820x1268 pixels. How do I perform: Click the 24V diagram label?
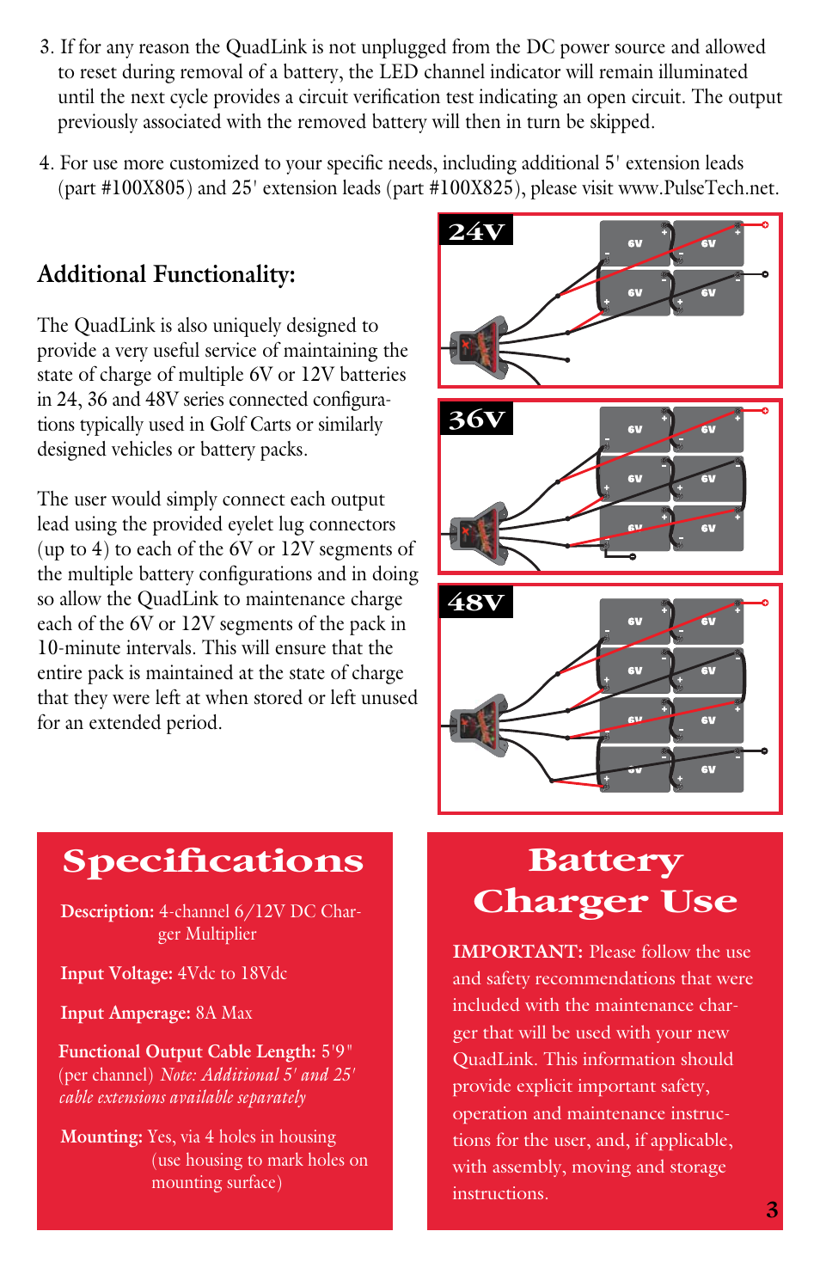[476, 231]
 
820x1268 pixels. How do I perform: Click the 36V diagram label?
[476, 419]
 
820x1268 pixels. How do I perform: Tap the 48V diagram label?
[476, 602]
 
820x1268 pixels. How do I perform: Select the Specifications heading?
[213, 861]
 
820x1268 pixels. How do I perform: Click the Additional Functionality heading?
[166, 274]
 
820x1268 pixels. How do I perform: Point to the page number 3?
[771, 1210]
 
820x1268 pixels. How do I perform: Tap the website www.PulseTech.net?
[698, 188]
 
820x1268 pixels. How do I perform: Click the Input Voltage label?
[116, 973]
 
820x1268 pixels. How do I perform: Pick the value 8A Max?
[223, 1013]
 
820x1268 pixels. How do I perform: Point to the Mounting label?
[101, 1136]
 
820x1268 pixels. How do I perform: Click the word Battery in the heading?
[605, 861]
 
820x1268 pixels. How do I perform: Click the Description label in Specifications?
[107, 911]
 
